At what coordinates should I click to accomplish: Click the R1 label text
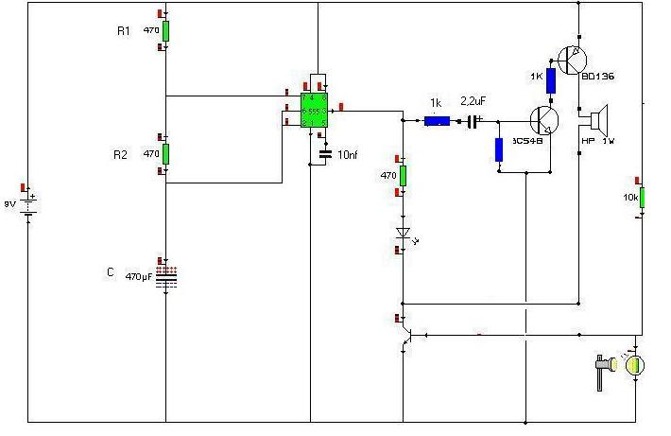coord(123,30)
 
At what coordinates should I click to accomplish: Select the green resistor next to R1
coord(164,30)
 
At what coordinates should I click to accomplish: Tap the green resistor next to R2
coord(164,153)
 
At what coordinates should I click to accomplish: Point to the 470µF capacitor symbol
coord(165,276)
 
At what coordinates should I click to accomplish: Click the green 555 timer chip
coord(314,110)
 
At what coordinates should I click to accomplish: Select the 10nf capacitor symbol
coord(325,153)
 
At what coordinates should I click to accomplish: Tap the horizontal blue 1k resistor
coord(437,121)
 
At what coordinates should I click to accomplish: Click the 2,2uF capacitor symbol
coord(473,121)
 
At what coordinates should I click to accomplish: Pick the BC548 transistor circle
coord(545,120)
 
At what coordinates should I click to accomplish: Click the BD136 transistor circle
coord(573,61)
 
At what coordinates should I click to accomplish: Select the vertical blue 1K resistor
coord(550,80)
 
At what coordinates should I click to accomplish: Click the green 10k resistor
coord(642,197)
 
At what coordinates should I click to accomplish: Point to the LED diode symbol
coord(403,232)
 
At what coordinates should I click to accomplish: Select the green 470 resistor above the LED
coord(403,175)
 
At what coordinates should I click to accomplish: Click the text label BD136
coord(599,77)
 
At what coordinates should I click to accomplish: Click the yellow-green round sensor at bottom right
coord(636,364)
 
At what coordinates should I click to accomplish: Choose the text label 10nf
coord(347,153)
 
